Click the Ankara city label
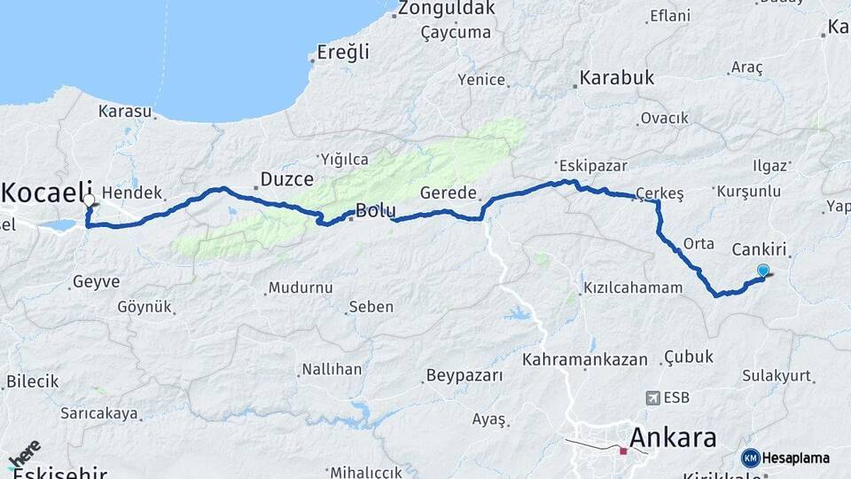click(673, 438)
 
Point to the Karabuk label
click(617, 78)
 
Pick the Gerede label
click(449, 192)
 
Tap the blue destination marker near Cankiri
click(763, 271)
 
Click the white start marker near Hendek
click(90, 201)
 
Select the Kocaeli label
click(48, 191)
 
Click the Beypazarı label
click(465, 375)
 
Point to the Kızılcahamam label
click(633, 287)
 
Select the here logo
click(24, 455)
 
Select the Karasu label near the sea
click(125, 112)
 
